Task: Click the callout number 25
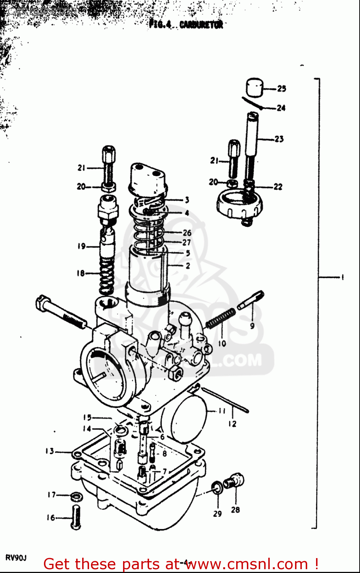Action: click(x=282, y=89)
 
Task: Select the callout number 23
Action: click(x=279, y=139)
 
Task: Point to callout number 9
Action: click(x=252, y=326)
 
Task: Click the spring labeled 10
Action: click(x=221, y=318)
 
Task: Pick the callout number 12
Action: click(x=232, y=424)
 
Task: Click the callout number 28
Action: click(x=235, y=510)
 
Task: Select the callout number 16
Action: click(x=51, y=518)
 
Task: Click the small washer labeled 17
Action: click(x=76, y=497)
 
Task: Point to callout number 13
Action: click(x=50, y=451)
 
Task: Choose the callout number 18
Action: click(x=80, y=273)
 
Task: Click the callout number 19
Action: click(x=81, y=246)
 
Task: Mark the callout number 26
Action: click(x=186, y=232)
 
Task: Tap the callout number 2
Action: click(x=187, y=265)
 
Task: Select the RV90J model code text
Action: click(x=16, y=558)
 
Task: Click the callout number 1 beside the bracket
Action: click(x=342, y=277)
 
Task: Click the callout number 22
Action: click(x=278, y=187)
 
